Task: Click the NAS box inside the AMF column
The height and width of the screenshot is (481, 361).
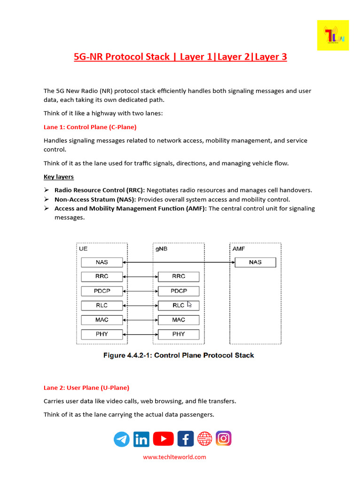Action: pos(255,263)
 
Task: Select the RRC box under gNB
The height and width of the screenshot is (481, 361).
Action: pos(179,277)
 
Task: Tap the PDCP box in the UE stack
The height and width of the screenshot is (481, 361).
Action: pos(102,291)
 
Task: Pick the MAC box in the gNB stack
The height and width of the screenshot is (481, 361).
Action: pos(179,320)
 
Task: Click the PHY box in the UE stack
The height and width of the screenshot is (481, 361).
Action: pos(102,334)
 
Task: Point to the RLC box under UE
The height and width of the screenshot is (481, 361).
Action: pos(102,305)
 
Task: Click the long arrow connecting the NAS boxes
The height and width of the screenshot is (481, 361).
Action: pos(179,262)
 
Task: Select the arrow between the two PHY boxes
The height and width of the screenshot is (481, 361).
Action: pos(140,334)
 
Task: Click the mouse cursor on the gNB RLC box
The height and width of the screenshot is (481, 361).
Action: pos(189,304)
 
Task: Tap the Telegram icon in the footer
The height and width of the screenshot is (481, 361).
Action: pos(122,439)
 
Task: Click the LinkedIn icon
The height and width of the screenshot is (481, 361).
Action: pos(141,439)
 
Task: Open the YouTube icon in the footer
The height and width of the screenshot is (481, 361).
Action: pos(163,439)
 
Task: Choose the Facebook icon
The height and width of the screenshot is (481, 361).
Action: pos(185,439)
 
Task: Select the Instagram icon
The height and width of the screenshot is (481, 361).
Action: pos(224,439)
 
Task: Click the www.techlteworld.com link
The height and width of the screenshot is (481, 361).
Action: pos(174,457)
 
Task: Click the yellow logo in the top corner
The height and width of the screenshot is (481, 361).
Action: pos(333,35)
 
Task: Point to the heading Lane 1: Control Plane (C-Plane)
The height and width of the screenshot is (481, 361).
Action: pos(90,127)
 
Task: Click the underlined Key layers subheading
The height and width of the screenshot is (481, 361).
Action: pos(59,177)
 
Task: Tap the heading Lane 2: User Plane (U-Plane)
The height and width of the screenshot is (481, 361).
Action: pos(86,388)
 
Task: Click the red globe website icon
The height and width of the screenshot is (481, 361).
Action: pos(204,439)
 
